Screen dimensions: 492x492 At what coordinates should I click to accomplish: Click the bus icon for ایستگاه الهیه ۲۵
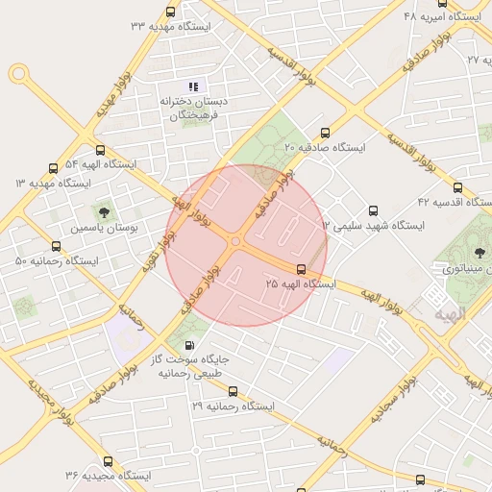pos(301,269)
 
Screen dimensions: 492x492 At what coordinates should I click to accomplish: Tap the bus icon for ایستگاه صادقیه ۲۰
pos(324,134)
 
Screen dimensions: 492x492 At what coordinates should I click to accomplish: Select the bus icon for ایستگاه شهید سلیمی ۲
pos(374,210)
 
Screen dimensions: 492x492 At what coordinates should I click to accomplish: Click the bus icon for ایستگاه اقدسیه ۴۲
pos(456,188)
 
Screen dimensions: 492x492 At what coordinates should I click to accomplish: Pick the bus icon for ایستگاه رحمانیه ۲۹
pos(233,391)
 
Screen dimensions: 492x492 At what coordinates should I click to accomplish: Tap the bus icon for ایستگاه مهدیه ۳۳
pos(170,12)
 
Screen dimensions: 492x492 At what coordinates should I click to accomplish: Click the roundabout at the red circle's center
pos(235,242)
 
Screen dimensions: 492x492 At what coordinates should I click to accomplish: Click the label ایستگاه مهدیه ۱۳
pos(53,183)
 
